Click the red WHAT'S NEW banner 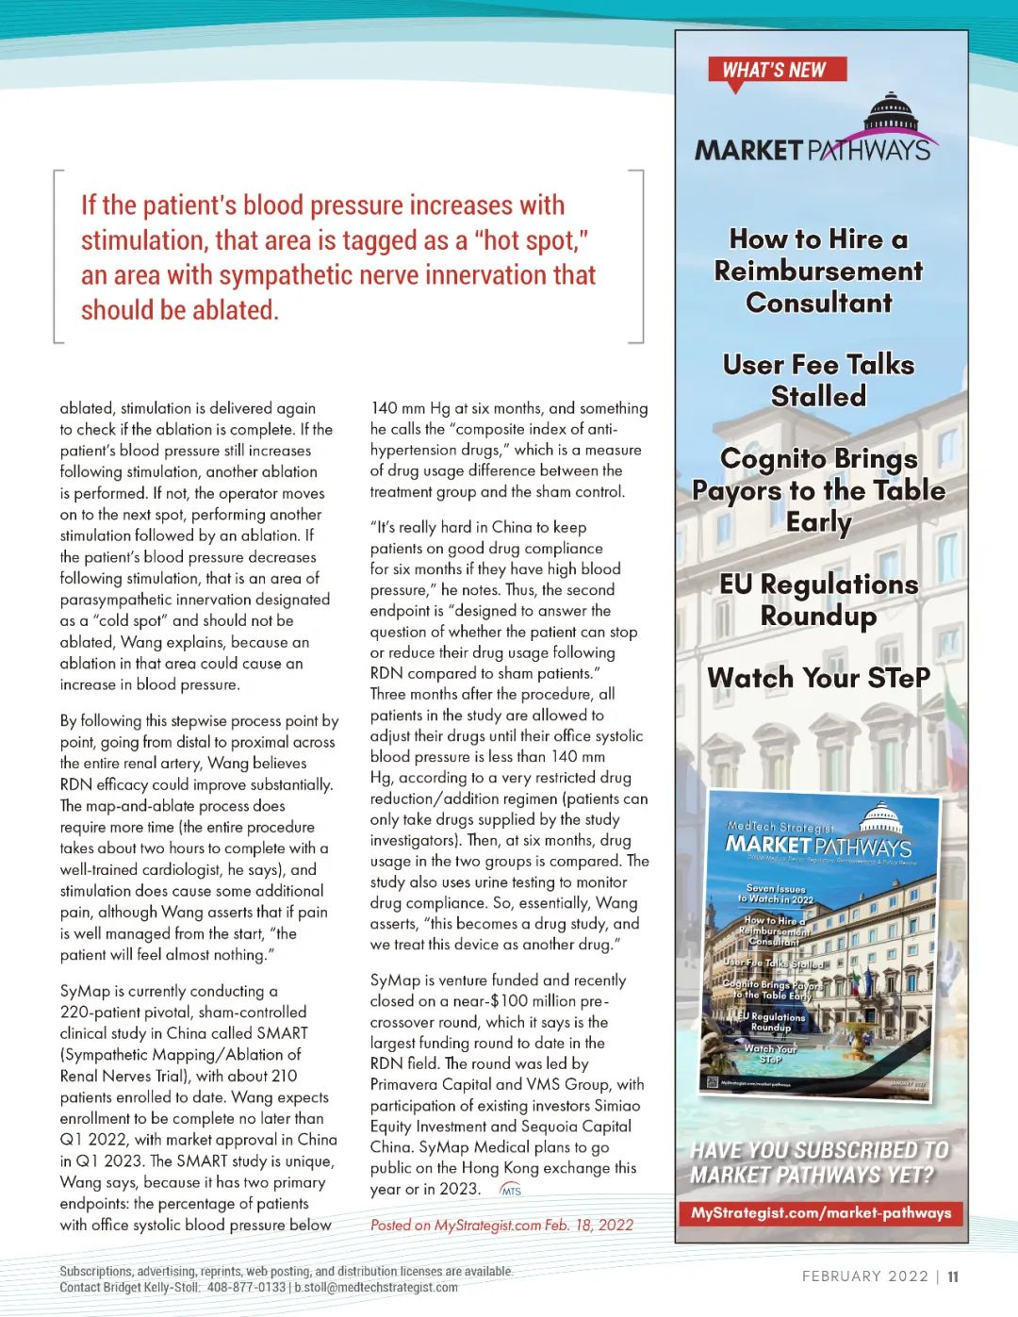[x=777, y=70]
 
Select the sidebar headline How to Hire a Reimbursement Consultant [x=818, y=271]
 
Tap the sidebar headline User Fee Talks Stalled [x=818, y=380]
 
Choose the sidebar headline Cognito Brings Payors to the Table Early [x=818, y=490]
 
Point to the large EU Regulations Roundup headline [x=818, y=600]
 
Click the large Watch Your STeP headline [x=818, y=678]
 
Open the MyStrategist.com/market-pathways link [x=821, y=1213]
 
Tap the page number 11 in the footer [x=953, y=1276]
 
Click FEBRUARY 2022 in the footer [x=864, y=1276]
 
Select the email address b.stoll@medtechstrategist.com [x=376, y=1287]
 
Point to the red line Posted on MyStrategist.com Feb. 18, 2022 [x=501, y=1225]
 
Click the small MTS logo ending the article [x=510, y=1191]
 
